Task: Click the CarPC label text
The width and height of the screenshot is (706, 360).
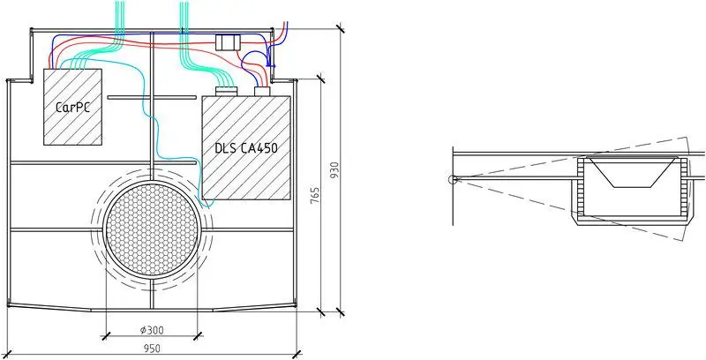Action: point(73,108)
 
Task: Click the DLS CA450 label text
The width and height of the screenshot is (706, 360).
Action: point(246,147)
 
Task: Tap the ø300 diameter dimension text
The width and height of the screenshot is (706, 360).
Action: point(152,330)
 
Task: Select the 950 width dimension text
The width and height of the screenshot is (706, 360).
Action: point(152,348)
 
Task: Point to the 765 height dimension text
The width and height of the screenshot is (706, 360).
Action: point(315,196)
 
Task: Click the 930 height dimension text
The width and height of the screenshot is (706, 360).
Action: point(334,170)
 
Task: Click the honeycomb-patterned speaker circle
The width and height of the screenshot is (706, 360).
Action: point(152,229)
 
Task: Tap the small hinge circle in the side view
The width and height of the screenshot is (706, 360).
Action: point(453,179)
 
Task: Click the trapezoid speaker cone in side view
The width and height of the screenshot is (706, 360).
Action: point(631,172)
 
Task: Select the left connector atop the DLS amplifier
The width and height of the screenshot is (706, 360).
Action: point(226,92)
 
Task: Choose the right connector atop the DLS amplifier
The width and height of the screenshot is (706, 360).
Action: point(261,92)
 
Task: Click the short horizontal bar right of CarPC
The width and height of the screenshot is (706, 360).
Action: point(152,97)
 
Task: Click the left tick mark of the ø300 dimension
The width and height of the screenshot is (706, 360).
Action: point(105,335)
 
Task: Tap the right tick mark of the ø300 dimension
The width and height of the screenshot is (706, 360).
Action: point(197,335)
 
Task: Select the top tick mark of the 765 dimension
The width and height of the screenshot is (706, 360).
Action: point(320,79)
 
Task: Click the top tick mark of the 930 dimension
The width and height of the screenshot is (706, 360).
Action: point(341,28)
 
